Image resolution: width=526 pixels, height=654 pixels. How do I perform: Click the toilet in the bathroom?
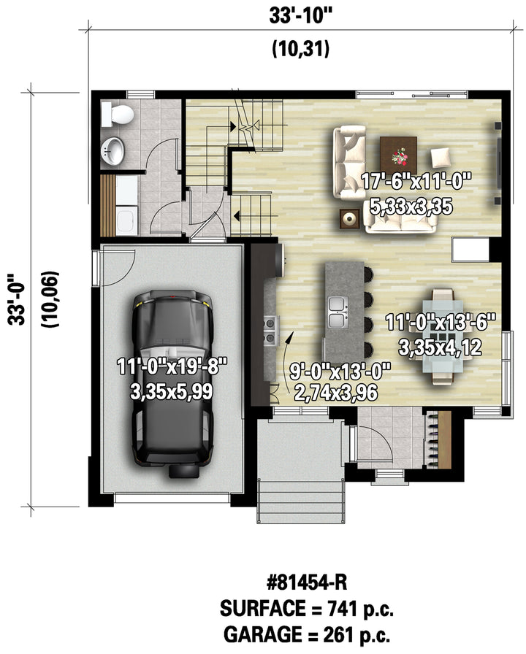coord(118,115)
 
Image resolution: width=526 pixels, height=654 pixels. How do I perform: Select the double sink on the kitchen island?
coord(338,312)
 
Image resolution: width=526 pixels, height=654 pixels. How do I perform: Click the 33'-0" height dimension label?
coord(18,299)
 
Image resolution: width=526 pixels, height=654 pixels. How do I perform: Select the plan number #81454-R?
coord(307,582)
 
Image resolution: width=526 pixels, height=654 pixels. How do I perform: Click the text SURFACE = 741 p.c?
coord(307,609)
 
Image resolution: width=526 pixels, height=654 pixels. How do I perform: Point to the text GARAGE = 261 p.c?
coord(307,635)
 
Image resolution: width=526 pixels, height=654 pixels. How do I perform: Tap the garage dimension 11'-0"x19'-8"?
coord(172,367)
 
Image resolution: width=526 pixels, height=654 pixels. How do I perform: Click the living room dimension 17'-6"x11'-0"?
coord(416,182)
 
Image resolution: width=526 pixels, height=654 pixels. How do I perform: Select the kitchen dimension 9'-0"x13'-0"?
coord(340,371)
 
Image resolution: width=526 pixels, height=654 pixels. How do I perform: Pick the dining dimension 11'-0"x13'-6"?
coord(441,323)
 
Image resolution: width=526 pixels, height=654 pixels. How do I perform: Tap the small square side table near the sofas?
coord(349,218)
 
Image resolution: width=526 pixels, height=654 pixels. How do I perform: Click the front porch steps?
coord(301,501)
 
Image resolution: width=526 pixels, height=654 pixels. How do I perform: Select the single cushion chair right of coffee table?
coord(441,157)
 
